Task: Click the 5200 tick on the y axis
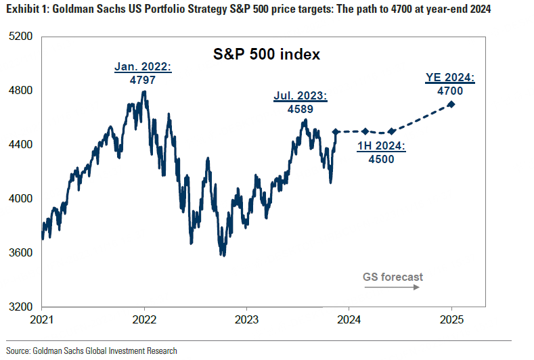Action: [x=22, y=36]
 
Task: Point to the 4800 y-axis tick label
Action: [x=22, y=90]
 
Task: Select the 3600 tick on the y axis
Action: [x=22, y=252]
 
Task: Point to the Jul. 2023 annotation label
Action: [x=301, y=97]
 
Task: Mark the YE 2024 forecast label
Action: [x=450, y=76]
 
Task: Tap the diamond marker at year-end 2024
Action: [x=451, y=104]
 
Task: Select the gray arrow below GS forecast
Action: [x=392, y=288]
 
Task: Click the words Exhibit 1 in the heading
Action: [x=26, y=9]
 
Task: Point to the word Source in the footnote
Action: [x=20, y=351]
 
